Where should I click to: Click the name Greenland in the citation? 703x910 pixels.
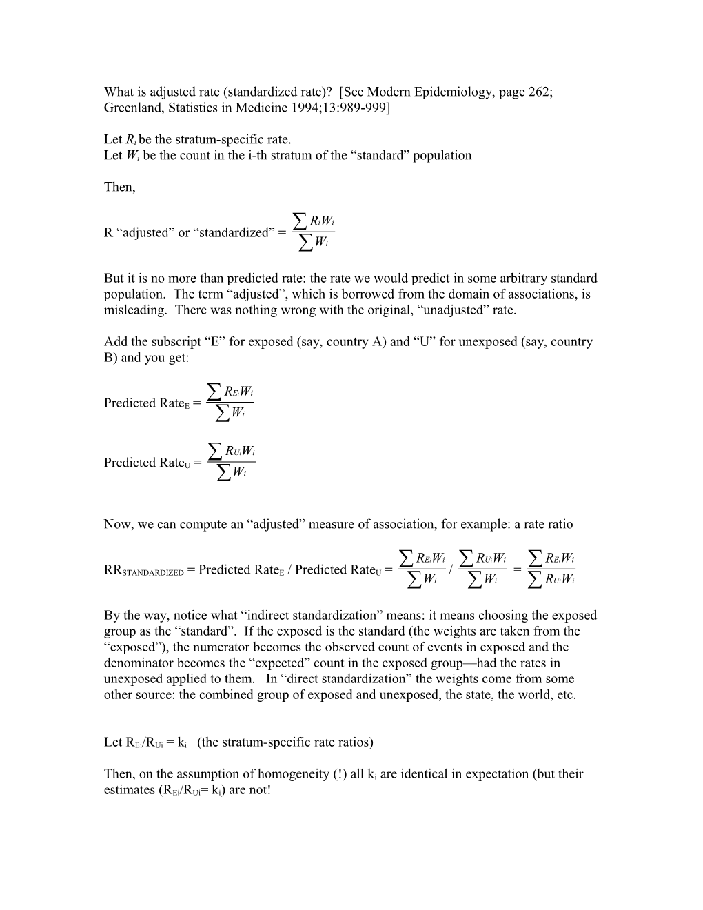coord(132,108)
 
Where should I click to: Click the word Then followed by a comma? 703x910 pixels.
coord(119,187)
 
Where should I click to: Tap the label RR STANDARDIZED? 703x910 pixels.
coord(143,570)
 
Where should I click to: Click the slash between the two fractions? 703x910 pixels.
coord(450,570)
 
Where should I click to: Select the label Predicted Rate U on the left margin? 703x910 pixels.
coord(148,463)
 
